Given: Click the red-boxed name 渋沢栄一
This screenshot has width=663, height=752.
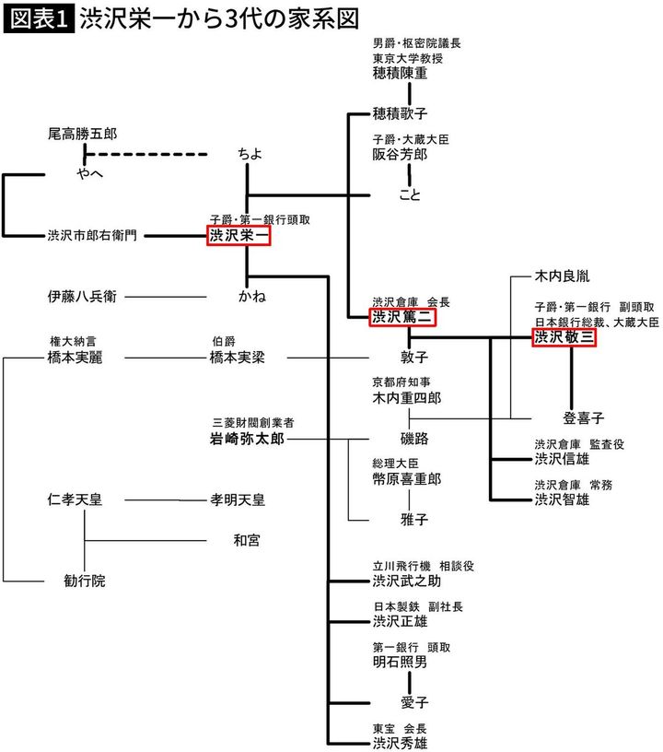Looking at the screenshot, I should pyautogui.click(x=238, y=236).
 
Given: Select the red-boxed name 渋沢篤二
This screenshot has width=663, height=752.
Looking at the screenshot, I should pyautogui.click(x=402, y=317).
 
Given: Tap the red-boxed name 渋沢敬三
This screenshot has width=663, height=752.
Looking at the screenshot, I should pyautogui.click(x=564, y=338).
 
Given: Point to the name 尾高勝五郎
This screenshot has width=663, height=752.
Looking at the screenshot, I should pyautogui.click(x=82, y=135).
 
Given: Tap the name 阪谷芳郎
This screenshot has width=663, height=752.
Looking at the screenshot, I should pyautogui.click(x=401, y=154).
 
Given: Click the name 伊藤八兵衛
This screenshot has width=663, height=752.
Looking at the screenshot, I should pyautogui.click(x=82, y=297).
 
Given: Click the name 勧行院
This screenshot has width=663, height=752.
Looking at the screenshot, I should pyautogui.click(x=84, y=581).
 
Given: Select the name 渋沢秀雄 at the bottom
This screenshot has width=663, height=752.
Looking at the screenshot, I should pyautogui.click(x=400, y=741).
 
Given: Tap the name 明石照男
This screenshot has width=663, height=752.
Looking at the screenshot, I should pyautogui.click(x=400, y=662).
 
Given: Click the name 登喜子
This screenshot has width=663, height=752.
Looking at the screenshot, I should pyautogui.click(x=583, y=417).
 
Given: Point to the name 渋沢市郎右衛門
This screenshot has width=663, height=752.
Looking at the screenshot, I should pyautogui.click(x=92, y=236).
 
